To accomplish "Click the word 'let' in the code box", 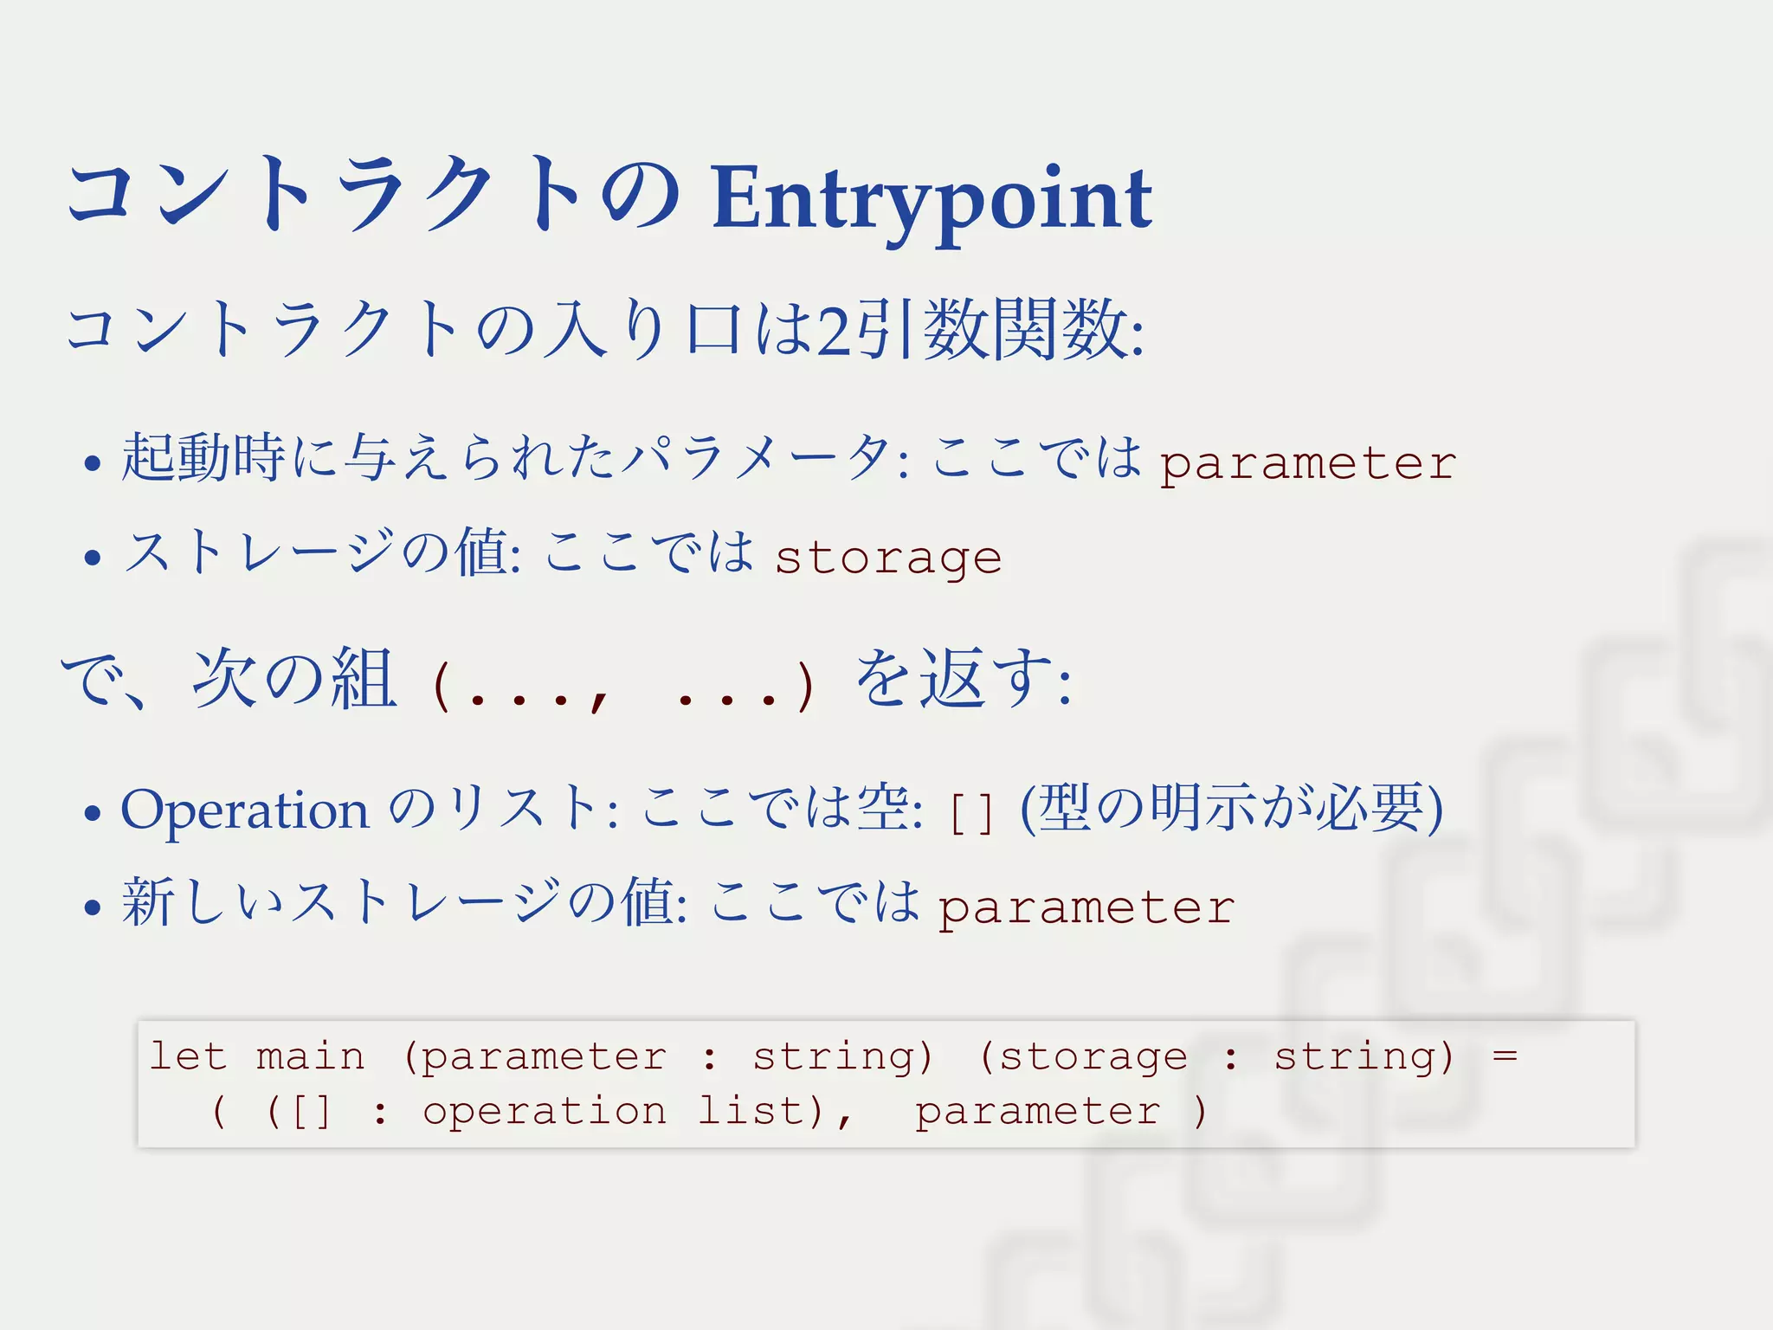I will (187, 1056).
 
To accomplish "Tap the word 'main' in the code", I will (310, 1056).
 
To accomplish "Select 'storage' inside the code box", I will (1093, 1057).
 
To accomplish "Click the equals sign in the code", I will (1505, 1056).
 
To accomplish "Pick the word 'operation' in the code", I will (544, 1112).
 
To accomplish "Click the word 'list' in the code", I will (750, 1110).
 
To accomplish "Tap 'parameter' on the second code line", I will (1037, 1112).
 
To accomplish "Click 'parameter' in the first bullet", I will (1307, 464).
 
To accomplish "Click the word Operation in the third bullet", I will (244, 810).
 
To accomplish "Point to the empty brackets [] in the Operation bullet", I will (970, 813).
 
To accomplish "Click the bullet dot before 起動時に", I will (93, 463).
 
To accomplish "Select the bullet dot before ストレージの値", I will (93, 557).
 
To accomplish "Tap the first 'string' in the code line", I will (841, 1057).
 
